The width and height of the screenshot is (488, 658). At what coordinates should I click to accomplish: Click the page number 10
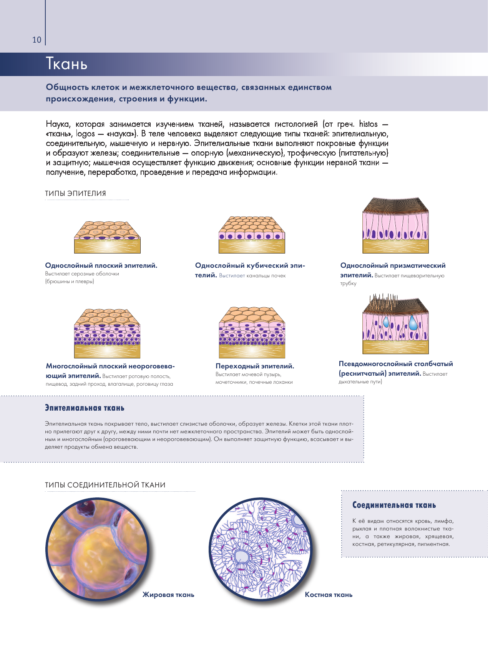point(37,40)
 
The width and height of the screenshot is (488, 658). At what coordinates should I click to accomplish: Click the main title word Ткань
point(67,64)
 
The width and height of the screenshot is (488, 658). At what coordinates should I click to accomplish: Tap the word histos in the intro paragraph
point(368,124)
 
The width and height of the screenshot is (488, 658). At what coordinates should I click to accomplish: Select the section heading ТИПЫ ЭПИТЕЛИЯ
point(75,194)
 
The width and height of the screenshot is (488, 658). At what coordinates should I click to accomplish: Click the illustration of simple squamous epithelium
point(107,237)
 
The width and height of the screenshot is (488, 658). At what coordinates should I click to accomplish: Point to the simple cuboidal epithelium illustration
point(252,235)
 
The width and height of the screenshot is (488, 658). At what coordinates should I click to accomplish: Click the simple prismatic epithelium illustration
point(395,225)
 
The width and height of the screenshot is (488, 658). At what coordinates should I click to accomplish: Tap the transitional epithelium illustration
point(252,332)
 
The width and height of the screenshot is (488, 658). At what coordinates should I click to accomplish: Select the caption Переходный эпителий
point(255,366)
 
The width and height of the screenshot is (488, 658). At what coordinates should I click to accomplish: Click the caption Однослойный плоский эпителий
point(101,265)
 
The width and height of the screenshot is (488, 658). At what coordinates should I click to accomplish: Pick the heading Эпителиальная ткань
point(85,408)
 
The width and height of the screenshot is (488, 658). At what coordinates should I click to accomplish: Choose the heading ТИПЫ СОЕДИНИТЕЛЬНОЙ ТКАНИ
point(105,485)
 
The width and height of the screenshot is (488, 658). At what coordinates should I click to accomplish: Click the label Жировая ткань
point(168,595)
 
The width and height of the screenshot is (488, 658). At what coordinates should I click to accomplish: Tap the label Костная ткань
point(329,595)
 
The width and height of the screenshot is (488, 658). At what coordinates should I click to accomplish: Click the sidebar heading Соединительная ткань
point(394,505)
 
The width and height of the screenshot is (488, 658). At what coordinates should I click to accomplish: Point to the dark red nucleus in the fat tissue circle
point(86,509)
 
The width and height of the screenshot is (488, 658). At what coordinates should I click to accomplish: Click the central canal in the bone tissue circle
point(242,556)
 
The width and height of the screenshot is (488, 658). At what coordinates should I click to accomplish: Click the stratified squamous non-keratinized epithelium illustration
point(107,333)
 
